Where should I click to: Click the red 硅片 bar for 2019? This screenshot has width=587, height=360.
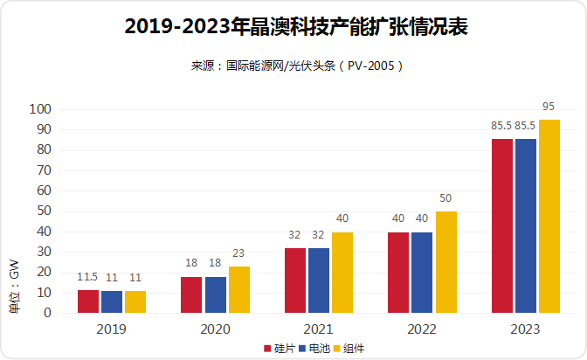pyautogui.click(x=88, y=301)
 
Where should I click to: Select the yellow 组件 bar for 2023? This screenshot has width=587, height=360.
pyautogui.click(x=549, y=216)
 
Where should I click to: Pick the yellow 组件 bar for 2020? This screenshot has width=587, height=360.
pyautogui.click(x=238, y=289)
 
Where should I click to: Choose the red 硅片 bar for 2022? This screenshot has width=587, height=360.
pyautogui.click(x=398, y=272)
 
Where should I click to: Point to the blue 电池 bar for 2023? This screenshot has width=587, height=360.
pyautogui.click(x=526, y=225)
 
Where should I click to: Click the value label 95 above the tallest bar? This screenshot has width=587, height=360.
pyautogui.click(x=549, y=107)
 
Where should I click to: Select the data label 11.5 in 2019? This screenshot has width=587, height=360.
pyautogui.click(x=87, y=277)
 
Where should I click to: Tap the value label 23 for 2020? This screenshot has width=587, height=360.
pyautogui.click(x=238, y=253)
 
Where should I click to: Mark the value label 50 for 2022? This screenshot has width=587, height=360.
pyautogui.click(x=445, y=198)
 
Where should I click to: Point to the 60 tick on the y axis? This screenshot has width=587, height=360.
pyautogui.click(x=44, y=190)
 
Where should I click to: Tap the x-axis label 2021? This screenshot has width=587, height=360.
pyautogui.click(x=319, y=329)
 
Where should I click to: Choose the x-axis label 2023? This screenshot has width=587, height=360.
pyautogui.click(x=526, y=329)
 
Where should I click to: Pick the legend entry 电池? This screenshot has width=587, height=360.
pyautogui.click(x=312, y=348)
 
